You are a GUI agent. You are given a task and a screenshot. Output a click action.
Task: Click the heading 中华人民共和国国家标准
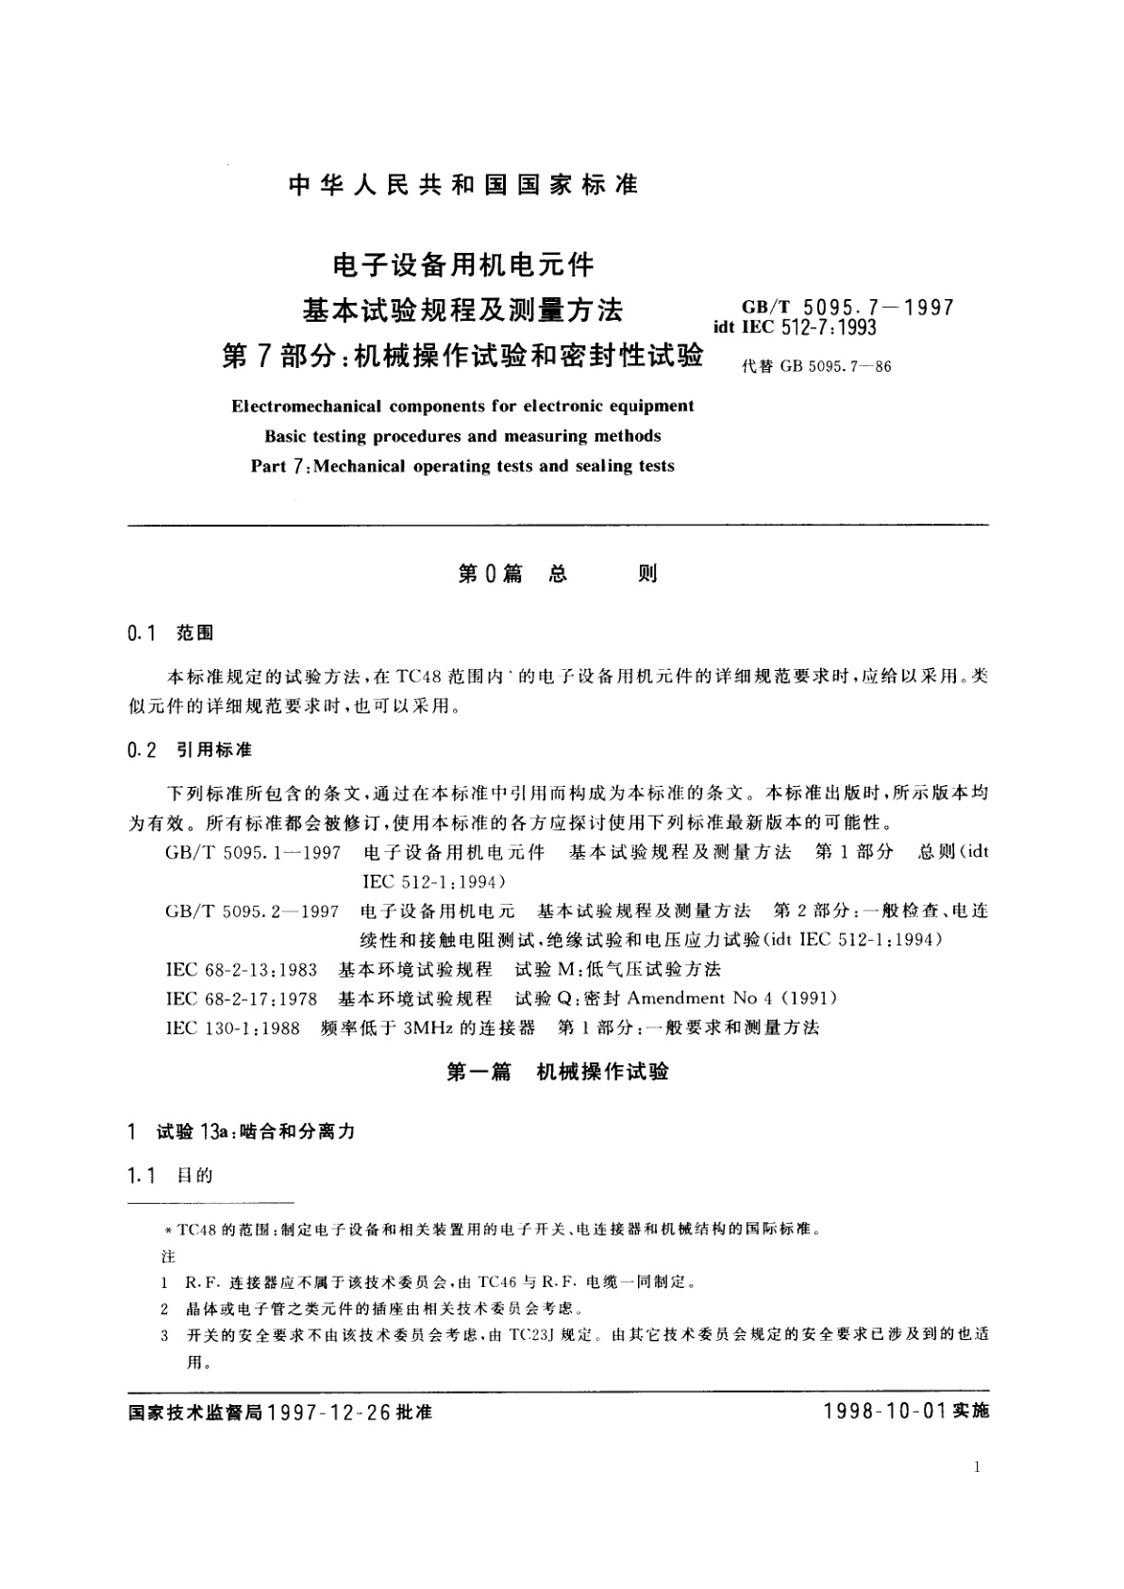[x=463, y=185]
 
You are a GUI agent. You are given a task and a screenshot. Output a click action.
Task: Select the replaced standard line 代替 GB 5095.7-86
[x=816, y=367]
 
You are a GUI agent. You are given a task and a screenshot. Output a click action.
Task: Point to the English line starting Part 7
[x=462, y=466]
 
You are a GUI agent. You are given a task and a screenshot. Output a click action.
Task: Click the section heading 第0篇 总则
[x=557, y=574]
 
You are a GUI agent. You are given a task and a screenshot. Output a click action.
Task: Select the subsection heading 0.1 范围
[x=170, y=633]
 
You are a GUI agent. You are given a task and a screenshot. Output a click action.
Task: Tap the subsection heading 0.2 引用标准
[x=189, y=750]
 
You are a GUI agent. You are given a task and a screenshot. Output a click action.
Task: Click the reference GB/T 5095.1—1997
[x=252, y=852]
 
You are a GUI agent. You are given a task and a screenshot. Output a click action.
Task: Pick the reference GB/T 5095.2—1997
[x=252, y=911]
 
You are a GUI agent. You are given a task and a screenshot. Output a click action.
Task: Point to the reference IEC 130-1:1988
[x=232, y=1028]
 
